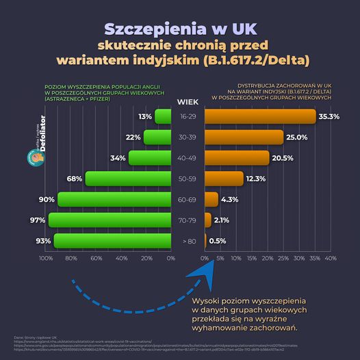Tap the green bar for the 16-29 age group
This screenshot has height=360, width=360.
tap(163, 117)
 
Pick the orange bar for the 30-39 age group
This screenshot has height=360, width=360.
tap(243, 138)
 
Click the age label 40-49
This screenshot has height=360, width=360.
tap(188, 158)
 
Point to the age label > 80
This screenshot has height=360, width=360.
tap(188, 241)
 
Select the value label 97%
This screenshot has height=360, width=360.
tap(37, 220)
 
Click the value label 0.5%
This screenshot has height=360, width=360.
tap(218, 241)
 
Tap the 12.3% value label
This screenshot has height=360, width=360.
tap(255, 179)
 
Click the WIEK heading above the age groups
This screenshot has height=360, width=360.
tap(188, 102)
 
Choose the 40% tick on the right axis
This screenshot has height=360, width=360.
tap(330, 259)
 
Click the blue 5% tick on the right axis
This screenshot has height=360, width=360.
tap(220, 259)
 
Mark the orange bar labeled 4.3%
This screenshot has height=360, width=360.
tap(211, 199)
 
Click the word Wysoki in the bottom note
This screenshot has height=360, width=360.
tap(208, 300)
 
